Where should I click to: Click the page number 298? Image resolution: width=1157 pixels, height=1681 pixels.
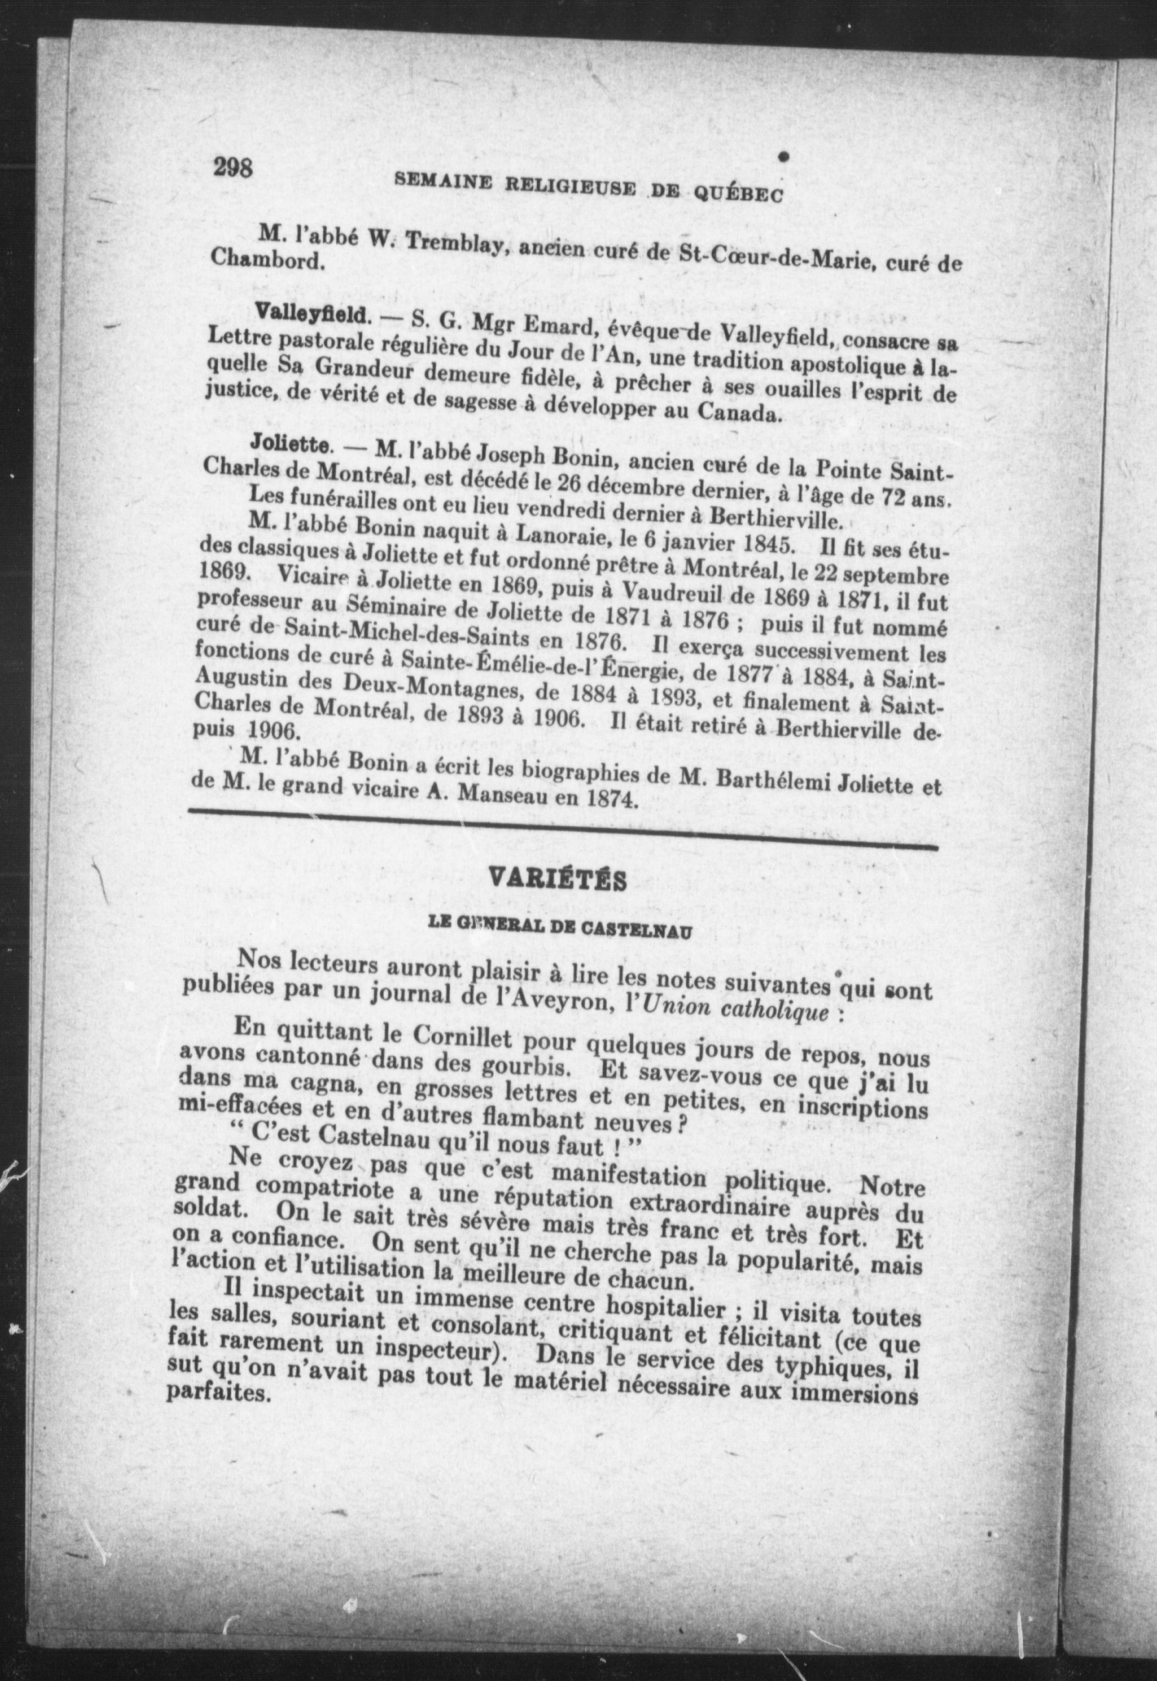232,168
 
